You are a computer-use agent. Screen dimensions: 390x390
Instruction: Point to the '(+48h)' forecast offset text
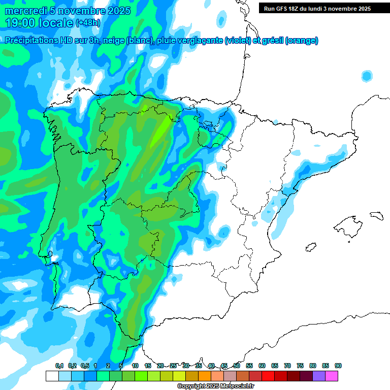(x=88, y=23)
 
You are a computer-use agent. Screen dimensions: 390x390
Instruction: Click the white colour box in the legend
(x=52, y=376)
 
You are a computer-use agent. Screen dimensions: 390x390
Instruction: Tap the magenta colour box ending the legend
(x=332, y=376)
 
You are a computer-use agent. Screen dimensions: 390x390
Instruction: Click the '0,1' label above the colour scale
(x=59, y=366)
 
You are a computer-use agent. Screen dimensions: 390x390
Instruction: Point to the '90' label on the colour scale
(x=338, y=366)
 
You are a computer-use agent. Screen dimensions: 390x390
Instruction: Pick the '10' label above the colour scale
(x=135, y=366)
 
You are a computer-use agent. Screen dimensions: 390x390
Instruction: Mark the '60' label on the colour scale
(x=262, y=366)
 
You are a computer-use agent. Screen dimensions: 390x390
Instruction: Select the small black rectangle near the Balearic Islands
(x=375, y=215)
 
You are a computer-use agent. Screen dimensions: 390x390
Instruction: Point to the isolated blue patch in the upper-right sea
(x=367, y=76)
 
